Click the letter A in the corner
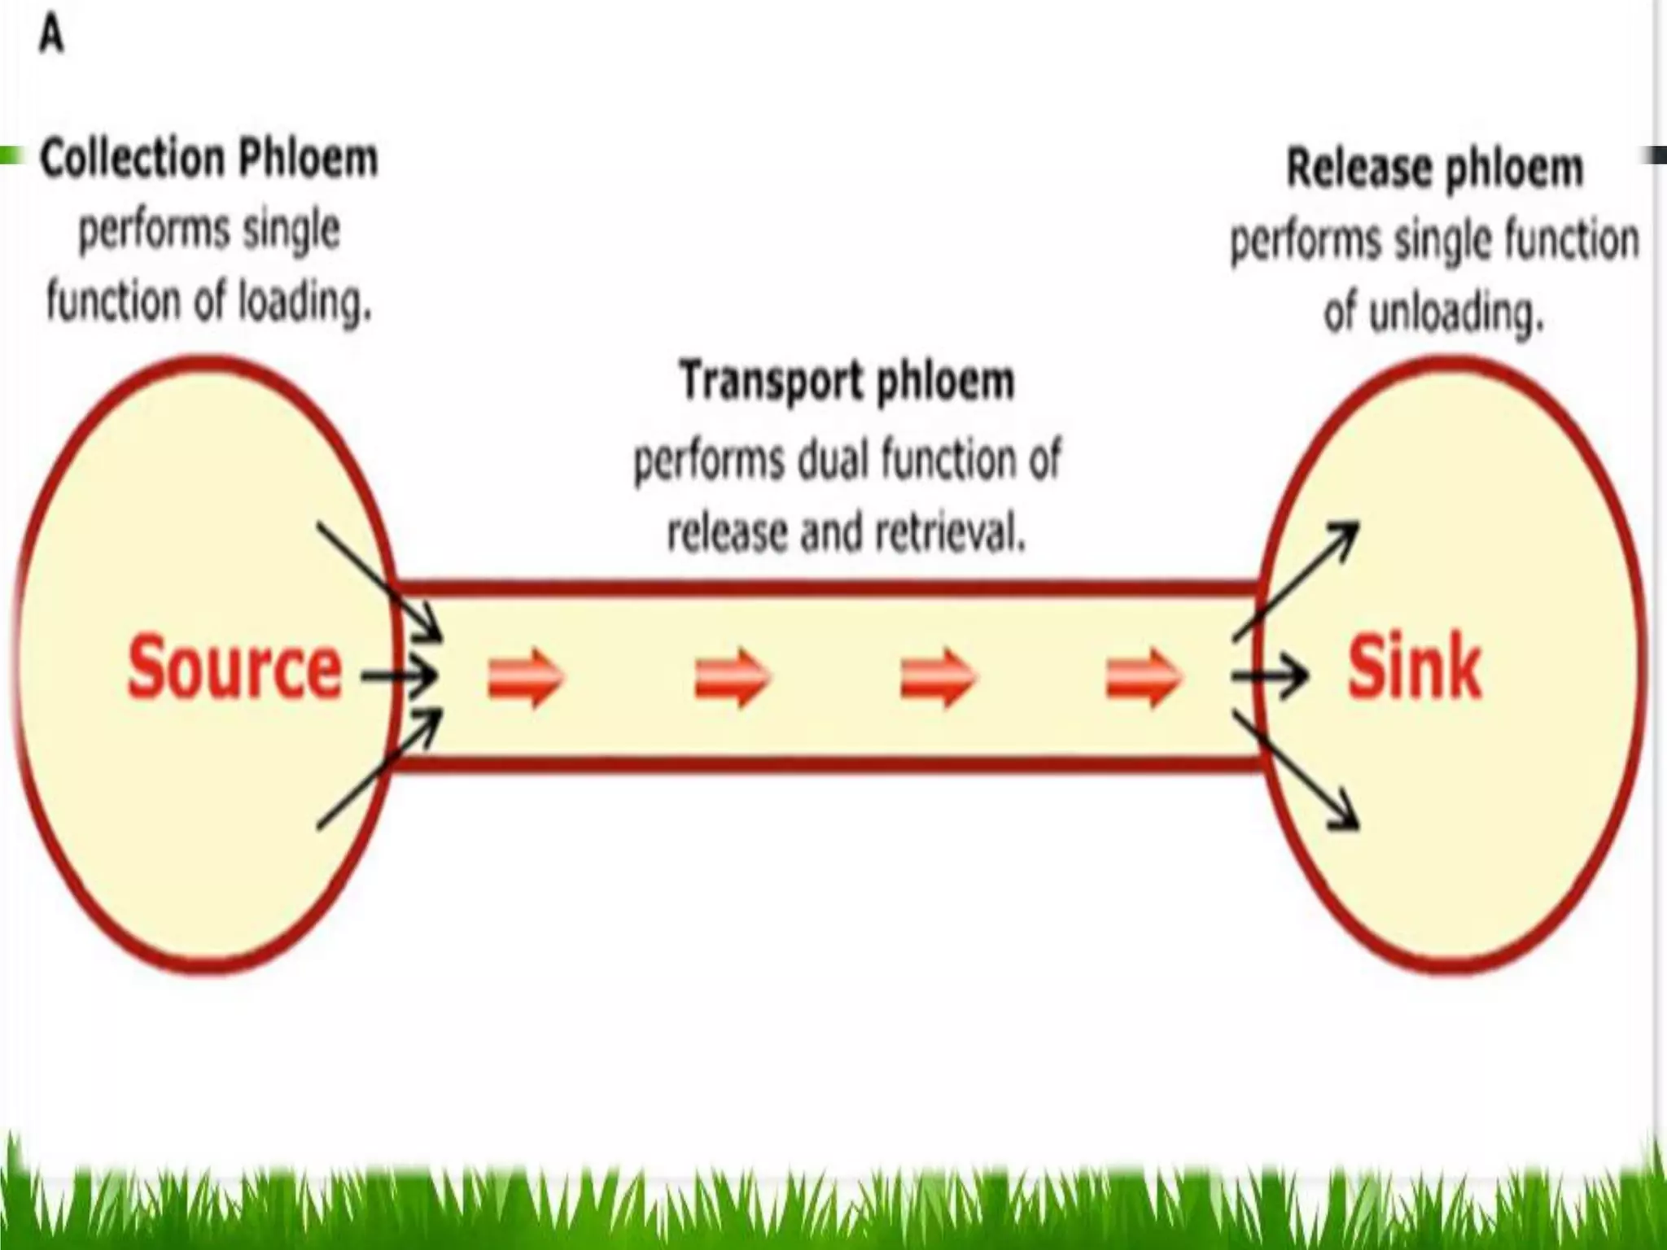coord(51,36)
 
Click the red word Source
coord(234,669)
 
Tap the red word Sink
coord(1415,669)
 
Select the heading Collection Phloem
coord(209,158)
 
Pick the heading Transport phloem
coord(847,381)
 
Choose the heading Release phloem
coord(1434,168)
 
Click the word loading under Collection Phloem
coord(304,303)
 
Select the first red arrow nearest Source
coord(525,677)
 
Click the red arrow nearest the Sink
coord(1143,677)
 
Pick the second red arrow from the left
coord(731,677)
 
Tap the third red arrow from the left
coord(938,677)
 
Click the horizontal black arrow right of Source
coord(399,675)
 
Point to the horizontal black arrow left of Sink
coord(1270,675)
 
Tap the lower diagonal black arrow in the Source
coord(379,770)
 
